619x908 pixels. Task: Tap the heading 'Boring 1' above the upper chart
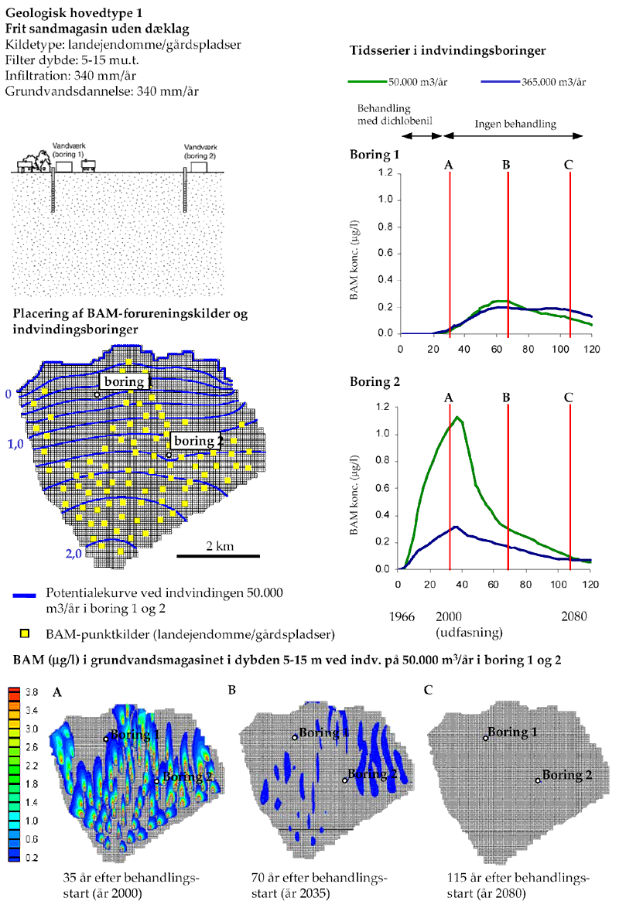click(374, 154)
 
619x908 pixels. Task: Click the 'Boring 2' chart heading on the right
click(374, 381)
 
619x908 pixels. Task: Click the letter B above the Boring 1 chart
click(506, 164)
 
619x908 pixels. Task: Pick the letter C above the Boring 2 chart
click(569, 398)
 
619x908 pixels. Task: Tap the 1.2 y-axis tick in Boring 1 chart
click(385, 173)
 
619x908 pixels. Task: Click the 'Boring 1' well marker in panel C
click(486, 738)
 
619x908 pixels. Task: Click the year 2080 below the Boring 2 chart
click(573, 617)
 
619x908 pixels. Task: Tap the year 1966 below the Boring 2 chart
click(403, 617)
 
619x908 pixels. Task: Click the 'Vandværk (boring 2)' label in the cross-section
click(199, 151)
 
